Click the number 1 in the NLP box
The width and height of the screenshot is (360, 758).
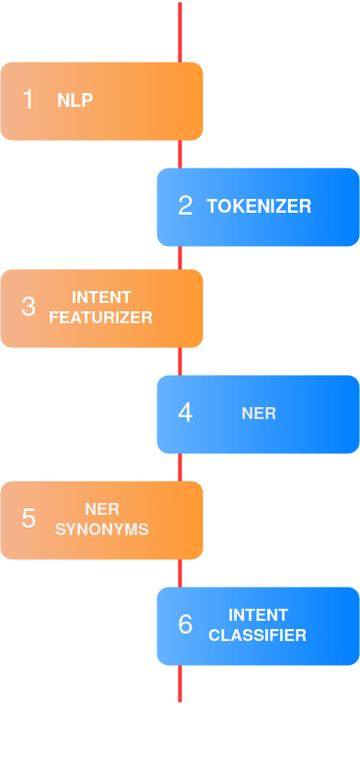(28, 100)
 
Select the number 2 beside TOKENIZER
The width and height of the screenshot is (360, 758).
(185, 206)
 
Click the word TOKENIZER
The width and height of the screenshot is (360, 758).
(259, 206)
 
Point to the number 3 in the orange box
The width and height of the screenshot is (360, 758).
(28, 308)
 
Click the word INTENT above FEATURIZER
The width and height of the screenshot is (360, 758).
(101, 297)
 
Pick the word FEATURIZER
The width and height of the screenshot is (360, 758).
(100, 318)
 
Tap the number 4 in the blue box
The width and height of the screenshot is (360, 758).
(185, 414)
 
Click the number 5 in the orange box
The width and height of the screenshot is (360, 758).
(28, 519)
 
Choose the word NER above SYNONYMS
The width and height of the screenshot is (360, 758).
(101, 509)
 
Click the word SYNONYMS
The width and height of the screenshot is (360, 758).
(101, 530)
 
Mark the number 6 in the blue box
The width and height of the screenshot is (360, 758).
(185, 625)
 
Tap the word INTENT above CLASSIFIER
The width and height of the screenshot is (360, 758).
(258, 615)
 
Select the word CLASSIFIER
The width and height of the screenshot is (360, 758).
(258, 636)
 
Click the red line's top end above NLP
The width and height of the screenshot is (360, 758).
(180, 6)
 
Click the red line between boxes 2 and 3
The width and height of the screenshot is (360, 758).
(180, 258)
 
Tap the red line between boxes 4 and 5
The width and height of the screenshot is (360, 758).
(180, 467)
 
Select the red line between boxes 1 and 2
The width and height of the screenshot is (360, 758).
(180, 154)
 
